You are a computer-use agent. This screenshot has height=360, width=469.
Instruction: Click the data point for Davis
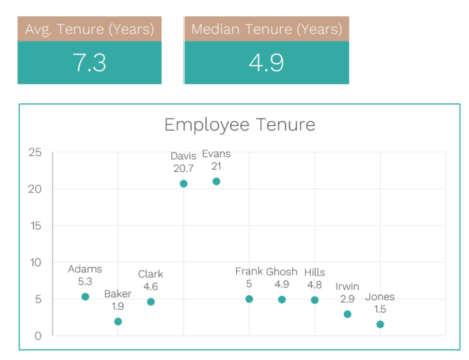(183, 184)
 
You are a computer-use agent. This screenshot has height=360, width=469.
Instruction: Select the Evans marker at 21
(216, 181)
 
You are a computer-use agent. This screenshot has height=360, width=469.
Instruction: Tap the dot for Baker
(118, 321)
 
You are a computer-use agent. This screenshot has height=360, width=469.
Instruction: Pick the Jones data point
(380, 324)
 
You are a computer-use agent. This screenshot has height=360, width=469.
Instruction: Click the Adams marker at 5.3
(85, 297)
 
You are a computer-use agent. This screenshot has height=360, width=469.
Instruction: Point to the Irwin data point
(348, 314)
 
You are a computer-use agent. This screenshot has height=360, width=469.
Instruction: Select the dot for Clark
(151, 302)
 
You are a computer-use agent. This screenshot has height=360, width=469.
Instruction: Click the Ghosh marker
(282, 300)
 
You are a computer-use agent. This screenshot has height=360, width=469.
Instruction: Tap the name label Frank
(249, 271)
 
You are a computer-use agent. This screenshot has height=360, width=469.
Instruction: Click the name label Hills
(315, 273)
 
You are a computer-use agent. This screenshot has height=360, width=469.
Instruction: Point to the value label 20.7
(183, 168)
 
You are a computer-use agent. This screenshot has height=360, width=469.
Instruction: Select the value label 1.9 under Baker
(118, 306)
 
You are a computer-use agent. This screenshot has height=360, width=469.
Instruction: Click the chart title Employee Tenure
(239, 124)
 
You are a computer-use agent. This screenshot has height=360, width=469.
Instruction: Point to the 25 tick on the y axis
(35, 152)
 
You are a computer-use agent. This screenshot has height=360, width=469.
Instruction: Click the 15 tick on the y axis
(35, 226)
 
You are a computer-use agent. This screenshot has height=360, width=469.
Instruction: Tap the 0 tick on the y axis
(38, 336)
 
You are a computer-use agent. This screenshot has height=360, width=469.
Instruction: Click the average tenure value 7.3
(90, 62)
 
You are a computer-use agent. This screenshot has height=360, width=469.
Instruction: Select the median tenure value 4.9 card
(267, 62)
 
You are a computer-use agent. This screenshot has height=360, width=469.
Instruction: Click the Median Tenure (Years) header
(267, 29)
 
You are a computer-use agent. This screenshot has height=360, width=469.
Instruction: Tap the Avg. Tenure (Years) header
(90, 29)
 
